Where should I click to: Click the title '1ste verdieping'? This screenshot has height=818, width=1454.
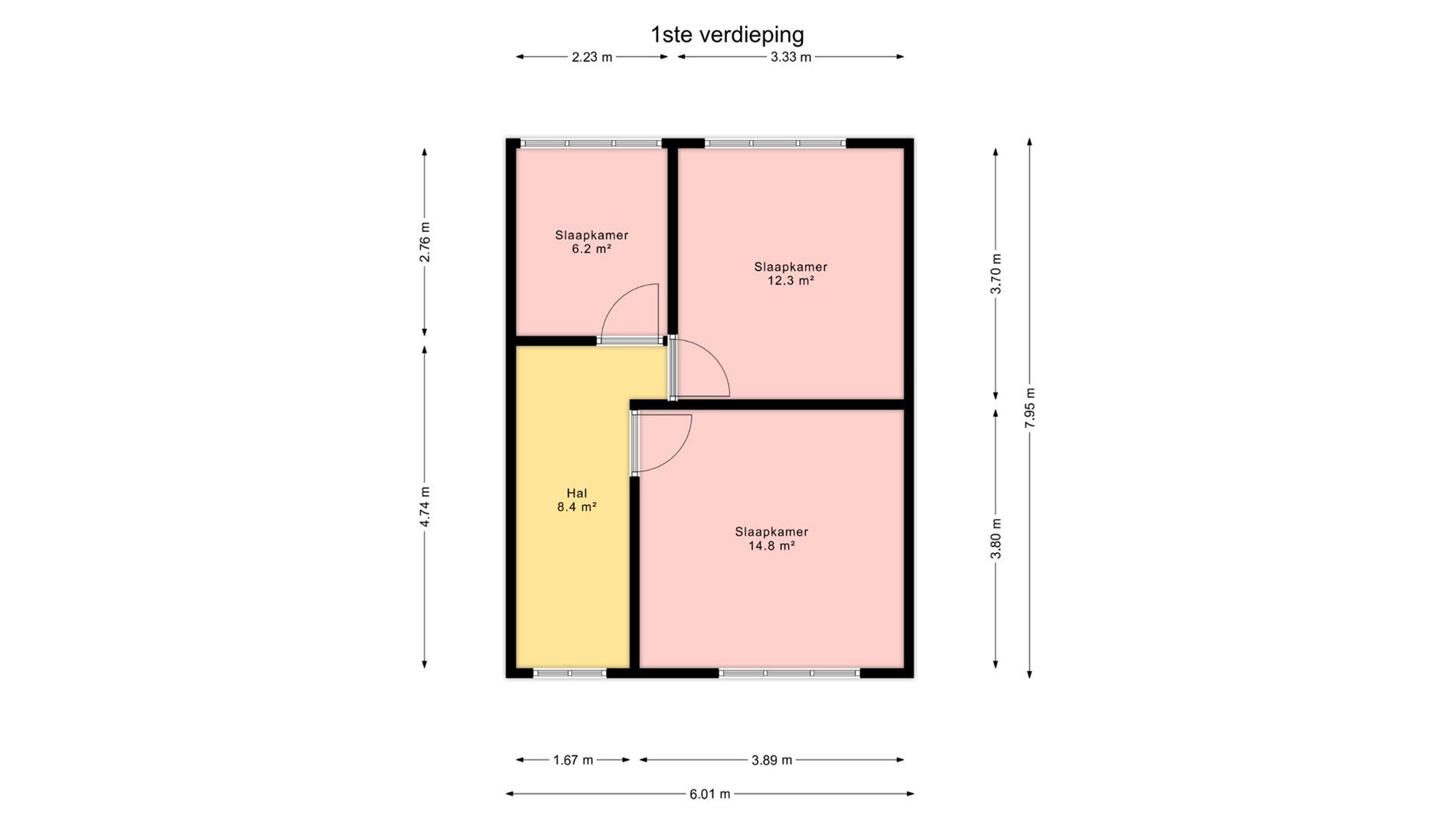tap(727, 34)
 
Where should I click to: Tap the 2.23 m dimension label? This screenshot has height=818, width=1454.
tap(592, 57)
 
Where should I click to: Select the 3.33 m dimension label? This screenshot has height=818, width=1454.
tap(791, 57)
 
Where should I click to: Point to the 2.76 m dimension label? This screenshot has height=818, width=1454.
tap(425, 242)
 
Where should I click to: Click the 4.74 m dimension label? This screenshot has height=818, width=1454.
tap(425, 507)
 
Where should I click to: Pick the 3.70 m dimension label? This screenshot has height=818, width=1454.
tap(996, 273)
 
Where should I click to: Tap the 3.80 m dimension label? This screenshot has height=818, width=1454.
tap(996, 539)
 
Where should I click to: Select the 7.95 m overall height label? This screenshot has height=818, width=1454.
tap(1030, 408)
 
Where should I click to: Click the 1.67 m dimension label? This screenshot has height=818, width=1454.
tap(573, 760)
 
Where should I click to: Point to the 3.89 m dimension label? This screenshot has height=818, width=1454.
tap(771, 760)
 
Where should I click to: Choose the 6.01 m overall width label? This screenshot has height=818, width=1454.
tap(709, 794)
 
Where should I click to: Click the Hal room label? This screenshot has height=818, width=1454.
tap(577, 494)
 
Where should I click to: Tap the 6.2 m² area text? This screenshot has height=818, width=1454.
tap(592, 249)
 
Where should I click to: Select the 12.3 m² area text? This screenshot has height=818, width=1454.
tap(791, 281)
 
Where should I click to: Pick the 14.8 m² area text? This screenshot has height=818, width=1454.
tap(771, 546)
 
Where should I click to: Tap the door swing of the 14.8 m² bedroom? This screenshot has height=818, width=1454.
tap(662, 441)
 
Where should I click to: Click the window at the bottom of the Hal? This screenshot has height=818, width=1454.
tap(569, 673)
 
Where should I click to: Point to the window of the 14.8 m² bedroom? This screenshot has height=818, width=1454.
tap(789, 673)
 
